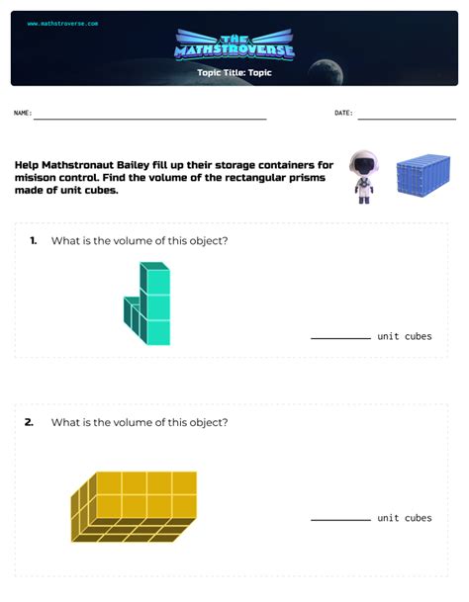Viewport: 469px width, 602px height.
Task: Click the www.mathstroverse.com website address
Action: [x=62, y=23]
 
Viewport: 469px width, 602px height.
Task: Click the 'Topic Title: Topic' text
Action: [x=234, y=72]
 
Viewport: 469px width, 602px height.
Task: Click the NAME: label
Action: [x=23, y=114]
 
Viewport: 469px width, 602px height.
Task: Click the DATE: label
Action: [x=343, y=114]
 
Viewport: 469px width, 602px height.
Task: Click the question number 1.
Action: [x=34, y=241]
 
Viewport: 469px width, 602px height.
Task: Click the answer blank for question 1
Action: [x=340, y=337]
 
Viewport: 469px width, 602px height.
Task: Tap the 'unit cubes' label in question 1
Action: [x=404, y=336]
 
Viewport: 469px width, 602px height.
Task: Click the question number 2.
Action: [x=30, y=422]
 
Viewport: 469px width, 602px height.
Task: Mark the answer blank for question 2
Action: [x=340, y=519]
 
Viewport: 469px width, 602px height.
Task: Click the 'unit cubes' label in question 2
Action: [x=404, y=518]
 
